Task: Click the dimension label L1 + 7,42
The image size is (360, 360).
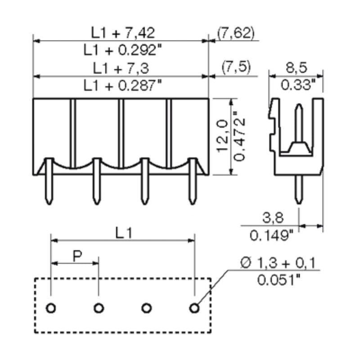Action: (x=123, y=32)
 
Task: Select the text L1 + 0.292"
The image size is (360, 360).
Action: (x=123, y=49)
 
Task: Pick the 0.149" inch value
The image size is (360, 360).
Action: (x=271, y=235)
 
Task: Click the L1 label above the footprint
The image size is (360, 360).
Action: (x=123, y=233)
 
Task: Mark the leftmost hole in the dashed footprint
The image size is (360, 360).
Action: (x=51, y=308)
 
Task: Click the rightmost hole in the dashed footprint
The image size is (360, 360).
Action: (x=194, y=308)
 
